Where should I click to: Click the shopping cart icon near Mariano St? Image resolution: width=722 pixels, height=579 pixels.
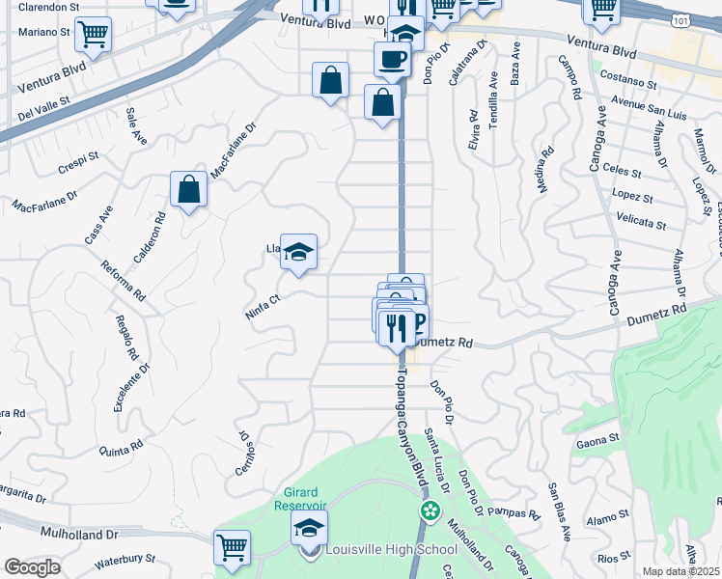click(x=93, y=36)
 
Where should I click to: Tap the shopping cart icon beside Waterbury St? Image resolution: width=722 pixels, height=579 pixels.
click(x=233, y=548)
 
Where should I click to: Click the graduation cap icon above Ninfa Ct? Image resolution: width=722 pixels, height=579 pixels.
click(x=299, y=253)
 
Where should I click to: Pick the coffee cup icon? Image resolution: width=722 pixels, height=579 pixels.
click(x=392, y=59)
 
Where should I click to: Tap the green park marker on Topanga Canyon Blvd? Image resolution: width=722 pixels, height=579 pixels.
click(x=426, y=510)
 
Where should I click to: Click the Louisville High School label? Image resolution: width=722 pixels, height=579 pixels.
click(x=390, y=550)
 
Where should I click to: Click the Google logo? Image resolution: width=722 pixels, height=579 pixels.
click(x=32, y=566)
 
